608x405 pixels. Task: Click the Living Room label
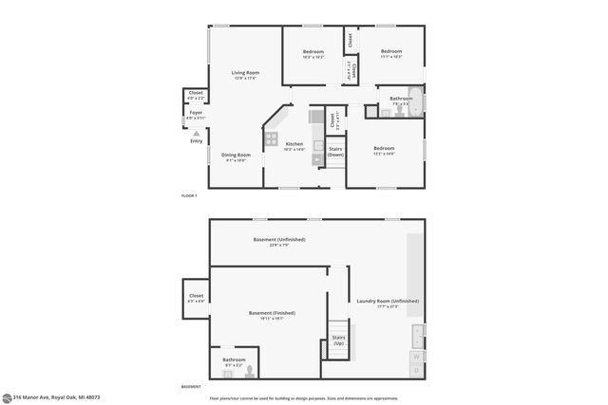pos(247,75)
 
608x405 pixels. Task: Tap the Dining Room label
pos(237,157)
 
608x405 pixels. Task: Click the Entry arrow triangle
pos(197,133)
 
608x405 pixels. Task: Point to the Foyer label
pos(196,114)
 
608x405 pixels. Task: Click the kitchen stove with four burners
pos(271,142)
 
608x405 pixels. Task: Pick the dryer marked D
pos(416,370)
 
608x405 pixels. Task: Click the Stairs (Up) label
pos(338,339)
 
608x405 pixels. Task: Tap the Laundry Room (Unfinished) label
pos(387,303)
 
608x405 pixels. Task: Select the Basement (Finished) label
pos(272,315)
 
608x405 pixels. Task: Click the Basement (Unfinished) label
pos(279,241)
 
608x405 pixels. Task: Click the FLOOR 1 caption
pos(189,195)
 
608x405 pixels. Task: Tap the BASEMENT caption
pos(191,387)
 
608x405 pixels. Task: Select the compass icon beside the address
pos(7,397)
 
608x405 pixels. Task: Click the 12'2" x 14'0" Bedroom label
pos(384,151)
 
